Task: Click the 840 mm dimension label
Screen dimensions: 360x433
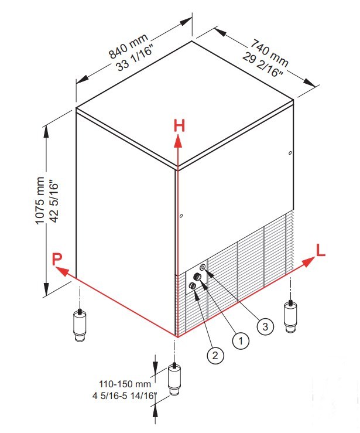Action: [128, 46]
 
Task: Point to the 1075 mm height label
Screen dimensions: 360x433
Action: [40, 201]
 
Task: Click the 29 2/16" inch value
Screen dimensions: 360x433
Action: [262, 64]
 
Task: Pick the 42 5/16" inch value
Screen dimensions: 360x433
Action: [54, 202]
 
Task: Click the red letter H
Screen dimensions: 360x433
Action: [179, 126]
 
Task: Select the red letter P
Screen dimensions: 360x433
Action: [57, 260]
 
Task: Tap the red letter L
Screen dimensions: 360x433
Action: [321, 250]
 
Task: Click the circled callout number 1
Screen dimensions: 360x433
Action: [241, 340]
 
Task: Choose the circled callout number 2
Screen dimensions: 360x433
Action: [215, 355]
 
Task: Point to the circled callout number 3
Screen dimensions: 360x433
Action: [265, 327]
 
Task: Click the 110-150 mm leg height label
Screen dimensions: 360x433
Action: [125, 384]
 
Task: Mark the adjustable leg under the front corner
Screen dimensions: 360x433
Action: [174, 379]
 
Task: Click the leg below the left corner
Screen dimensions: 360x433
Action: [80, 326]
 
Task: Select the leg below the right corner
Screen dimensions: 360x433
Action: [290, 317]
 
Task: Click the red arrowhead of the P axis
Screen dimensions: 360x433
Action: [62, 271]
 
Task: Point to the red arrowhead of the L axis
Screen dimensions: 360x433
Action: [308, 262]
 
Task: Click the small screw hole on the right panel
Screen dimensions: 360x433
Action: [290, 153]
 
